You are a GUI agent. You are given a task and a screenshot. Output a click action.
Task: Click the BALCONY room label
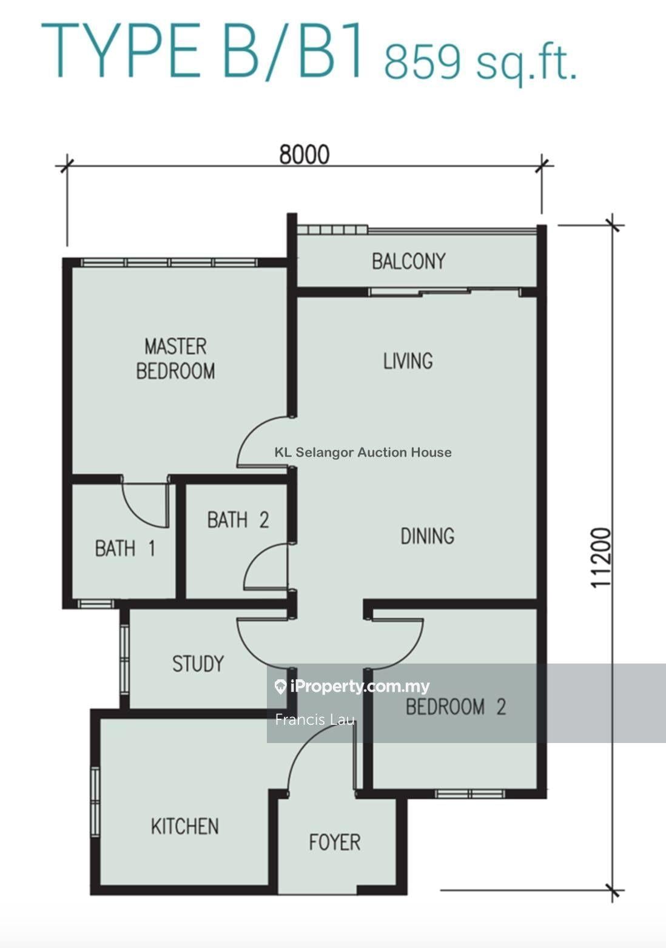click(x=408, y=261)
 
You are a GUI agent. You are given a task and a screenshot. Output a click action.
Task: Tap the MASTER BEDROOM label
click(x=175, y=359)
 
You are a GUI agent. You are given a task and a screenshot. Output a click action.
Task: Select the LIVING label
click(x=408, y=361)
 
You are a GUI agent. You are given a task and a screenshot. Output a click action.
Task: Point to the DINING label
click(x=427, y=536)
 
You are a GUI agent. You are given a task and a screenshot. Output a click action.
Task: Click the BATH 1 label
click(x=125, y=548)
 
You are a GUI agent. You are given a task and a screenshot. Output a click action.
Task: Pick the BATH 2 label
click(x=238, y=520)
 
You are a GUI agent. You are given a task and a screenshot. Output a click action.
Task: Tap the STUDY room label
click(x=198, y=664)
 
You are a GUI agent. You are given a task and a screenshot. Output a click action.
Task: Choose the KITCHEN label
click(x=184, y=826)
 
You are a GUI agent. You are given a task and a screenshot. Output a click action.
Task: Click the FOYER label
click(x=334, y=842)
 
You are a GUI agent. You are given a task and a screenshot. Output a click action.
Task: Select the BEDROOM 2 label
click(x=456, y=707)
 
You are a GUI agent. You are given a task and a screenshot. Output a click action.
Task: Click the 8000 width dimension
click(x=304, y=155)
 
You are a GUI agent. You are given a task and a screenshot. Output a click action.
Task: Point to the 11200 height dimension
click(x=600, y=557)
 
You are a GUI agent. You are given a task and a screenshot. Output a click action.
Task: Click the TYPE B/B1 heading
click(x=203, y=50)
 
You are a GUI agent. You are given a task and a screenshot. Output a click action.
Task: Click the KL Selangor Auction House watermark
click(x=363, y=452)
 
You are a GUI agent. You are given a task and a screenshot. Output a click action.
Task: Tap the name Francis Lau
click(x=314, y=720)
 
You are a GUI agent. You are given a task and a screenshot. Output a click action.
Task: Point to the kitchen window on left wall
click(x=95, y=802)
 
